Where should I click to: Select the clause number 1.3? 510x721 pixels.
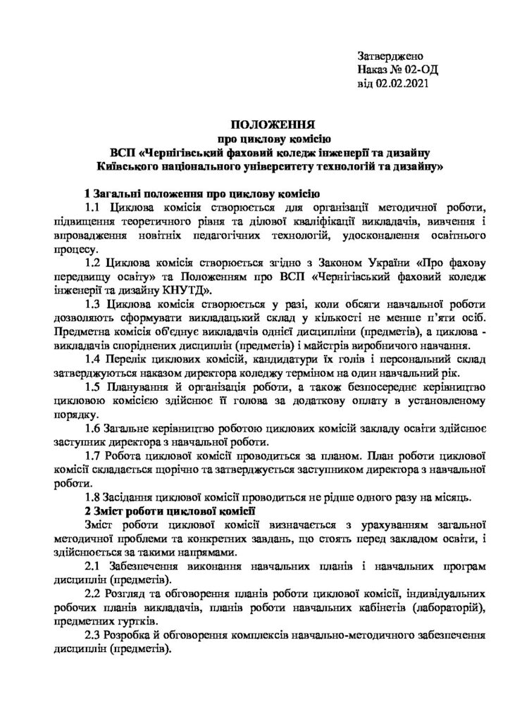(92, 304)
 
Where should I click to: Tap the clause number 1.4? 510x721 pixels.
(92, 360)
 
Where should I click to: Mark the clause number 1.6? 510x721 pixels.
(92, 429)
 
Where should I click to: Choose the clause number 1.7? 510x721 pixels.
(92, 456)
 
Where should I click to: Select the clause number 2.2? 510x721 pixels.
(92, 595)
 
